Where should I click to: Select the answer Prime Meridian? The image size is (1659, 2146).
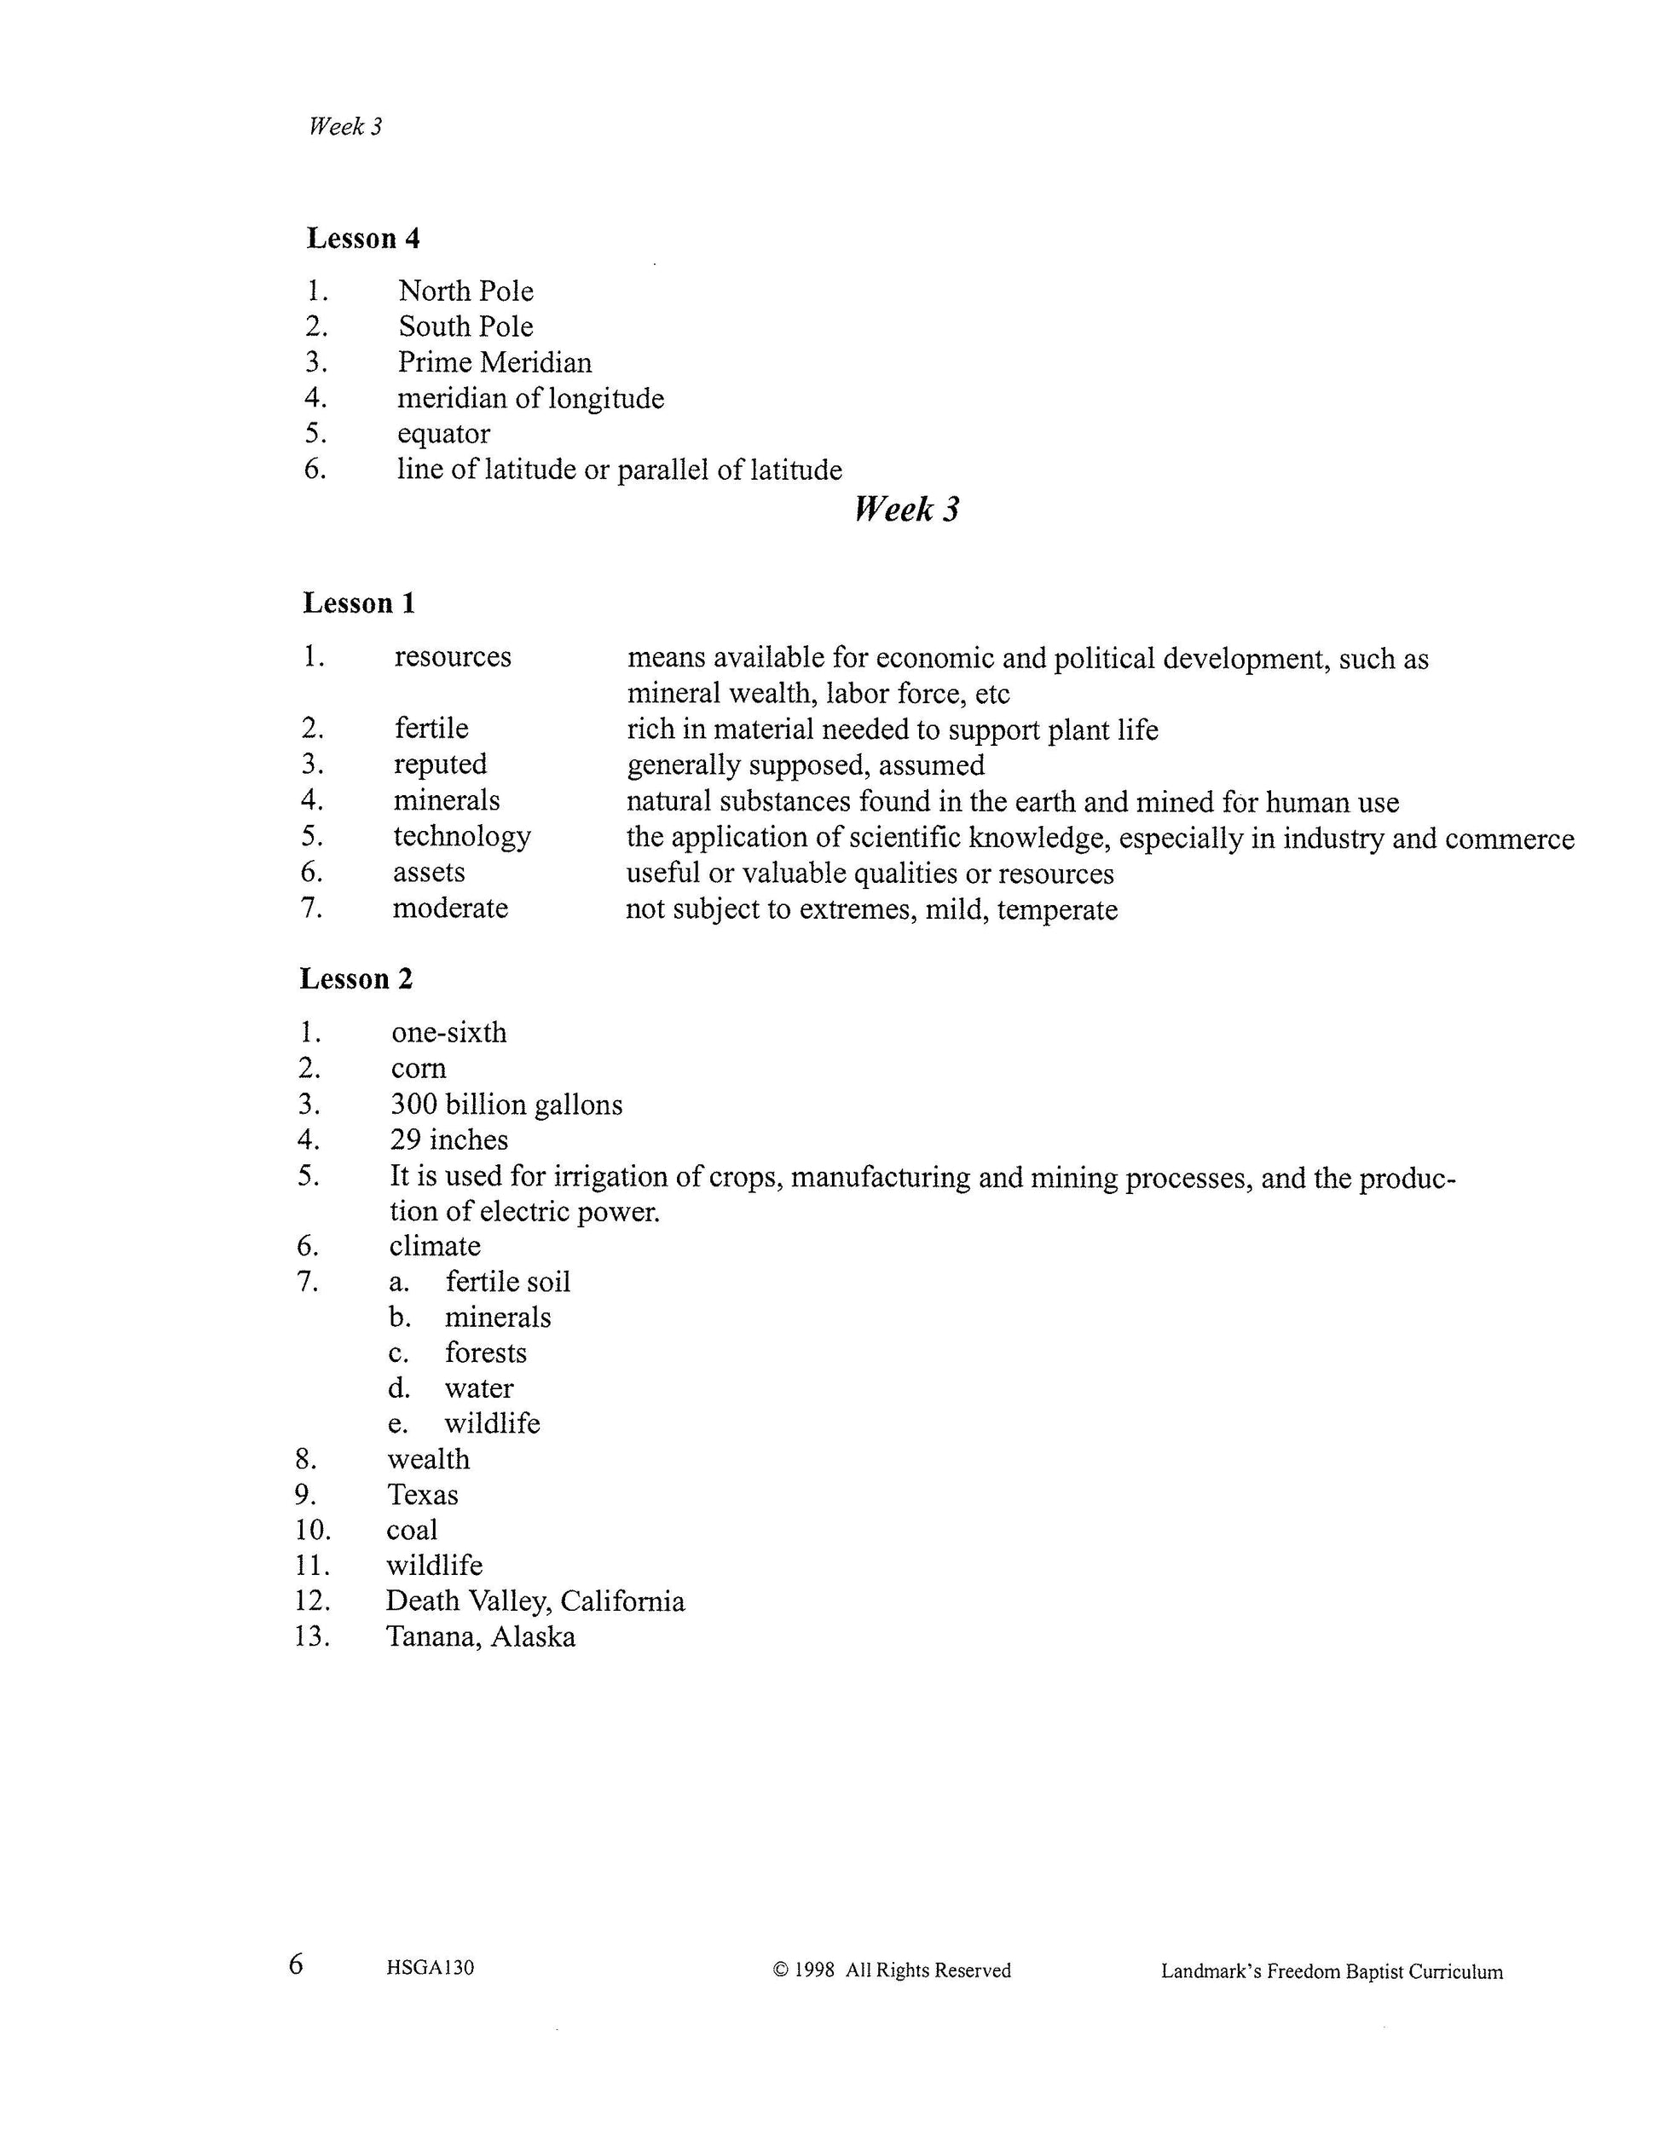(494, 362)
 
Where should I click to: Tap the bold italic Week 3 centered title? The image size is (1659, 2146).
(906, 509)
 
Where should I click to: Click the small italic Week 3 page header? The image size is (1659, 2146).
(345, 127)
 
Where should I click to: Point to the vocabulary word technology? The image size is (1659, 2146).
(462, 836)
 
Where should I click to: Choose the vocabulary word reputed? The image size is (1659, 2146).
(440, 764)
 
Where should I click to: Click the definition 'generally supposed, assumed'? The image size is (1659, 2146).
(805, 765)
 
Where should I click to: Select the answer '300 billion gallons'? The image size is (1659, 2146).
(506, 1105)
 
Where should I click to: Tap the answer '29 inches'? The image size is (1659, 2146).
(449, 1139)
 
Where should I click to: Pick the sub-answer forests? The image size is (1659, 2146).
(486, 1353)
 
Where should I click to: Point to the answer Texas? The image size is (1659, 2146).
(423, 1495)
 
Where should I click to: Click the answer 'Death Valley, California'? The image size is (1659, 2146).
(535, 1601)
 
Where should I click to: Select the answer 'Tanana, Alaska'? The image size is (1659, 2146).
(481, 1637)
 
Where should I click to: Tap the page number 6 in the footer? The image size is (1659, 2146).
(296, 1964)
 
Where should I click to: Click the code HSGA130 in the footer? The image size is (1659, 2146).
(431, 1968)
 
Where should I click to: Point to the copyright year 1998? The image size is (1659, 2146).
(814, 1970)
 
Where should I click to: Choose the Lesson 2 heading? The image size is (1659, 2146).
(356, 978)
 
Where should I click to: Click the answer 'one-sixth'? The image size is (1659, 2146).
(448, 1033)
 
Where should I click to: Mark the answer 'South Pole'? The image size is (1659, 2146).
(465, 326)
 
